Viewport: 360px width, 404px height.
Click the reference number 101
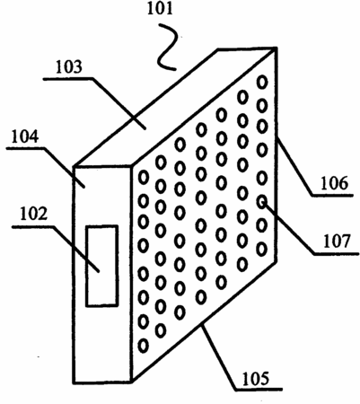point(160,9)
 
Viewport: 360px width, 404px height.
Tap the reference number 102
point(34,214)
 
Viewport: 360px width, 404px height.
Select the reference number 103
point(68,67)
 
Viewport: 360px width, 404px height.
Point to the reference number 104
point(25,136)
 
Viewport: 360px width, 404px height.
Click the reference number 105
point(256,379)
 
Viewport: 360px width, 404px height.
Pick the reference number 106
point(335,183)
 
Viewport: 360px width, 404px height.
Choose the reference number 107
point(337,242)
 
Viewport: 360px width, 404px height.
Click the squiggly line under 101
point(167,48)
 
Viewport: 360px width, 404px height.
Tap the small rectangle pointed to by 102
point(101,266)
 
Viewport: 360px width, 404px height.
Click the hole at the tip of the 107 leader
point(262,201)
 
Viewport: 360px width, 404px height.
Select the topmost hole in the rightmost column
point(262,82)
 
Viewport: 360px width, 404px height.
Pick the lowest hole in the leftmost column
point(144,346)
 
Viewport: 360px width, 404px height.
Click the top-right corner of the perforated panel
point(276,48)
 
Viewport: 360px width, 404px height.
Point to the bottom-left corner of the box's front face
point(74,382)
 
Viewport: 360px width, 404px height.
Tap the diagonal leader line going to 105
point(218,356)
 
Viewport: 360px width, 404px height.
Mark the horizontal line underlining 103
point(68,79)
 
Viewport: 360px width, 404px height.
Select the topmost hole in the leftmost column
point(144,177)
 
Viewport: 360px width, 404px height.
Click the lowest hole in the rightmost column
point(261,249)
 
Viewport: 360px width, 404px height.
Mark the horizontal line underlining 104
point(26,148)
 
